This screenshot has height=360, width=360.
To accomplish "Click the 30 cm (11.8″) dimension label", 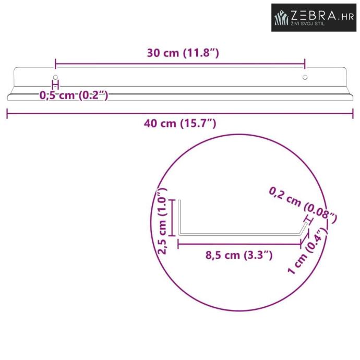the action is [183, 53].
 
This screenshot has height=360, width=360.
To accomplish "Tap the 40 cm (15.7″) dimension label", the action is [180, 124].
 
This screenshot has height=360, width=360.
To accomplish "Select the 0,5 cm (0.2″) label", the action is [74, 95].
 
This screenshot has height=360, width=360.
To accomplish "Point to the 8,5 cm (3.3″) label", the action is [239, 255].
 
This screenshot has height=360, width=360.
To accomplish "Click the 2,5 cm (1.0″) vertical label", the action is [163, 221].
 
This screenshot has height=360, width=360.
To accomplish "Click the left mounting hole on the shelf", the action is [55, 77].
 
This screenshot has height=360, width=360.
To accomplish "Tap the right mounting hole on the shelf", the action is [305, 77].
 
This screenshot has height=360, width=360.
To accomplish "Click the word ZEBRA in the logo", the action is [314, 16].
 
